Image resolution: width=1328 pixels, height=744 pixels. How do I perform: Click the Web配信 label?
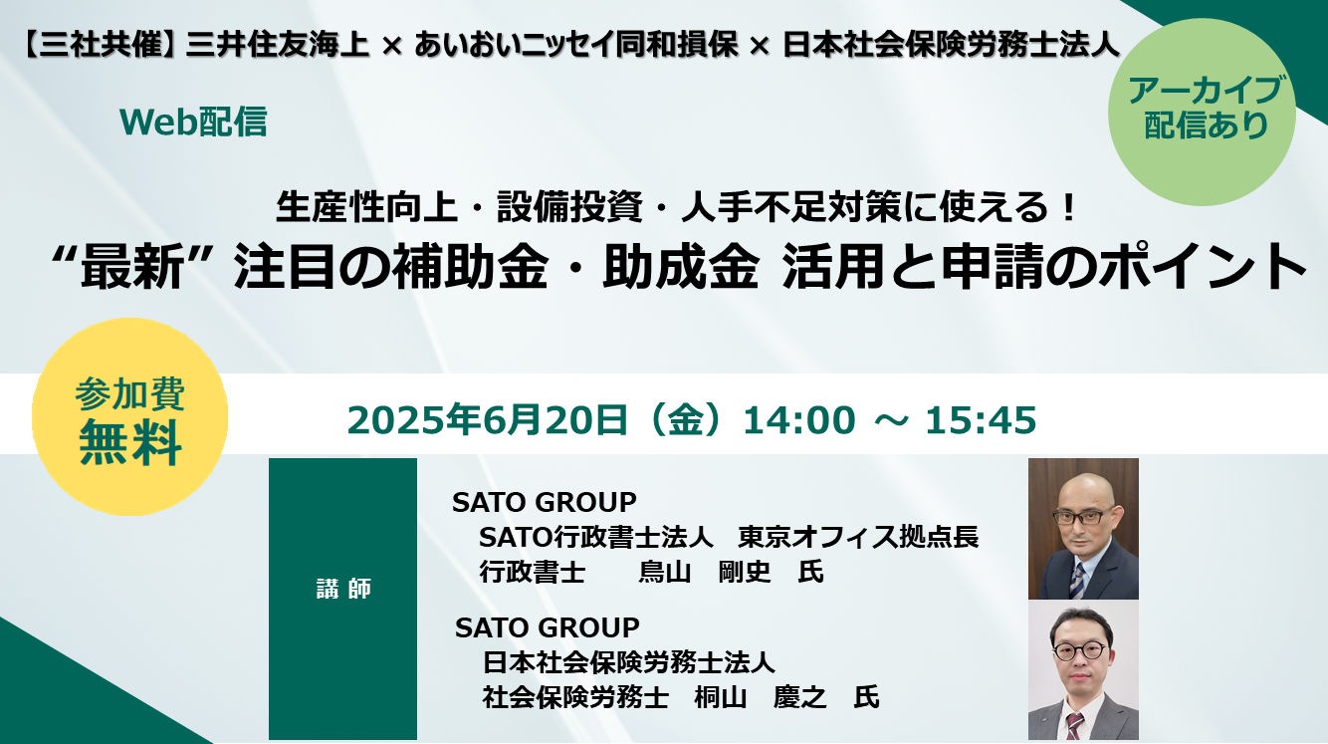click(193, 123)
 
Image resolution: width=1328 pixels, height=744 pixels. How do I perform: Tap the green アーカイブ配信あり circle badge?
click(1202, 113)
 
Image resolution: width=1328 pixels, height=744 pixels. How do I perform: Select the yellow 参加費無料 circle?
click(129, 417)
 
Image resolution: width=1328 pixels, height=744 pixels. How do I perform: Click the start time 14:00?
click(799, 420)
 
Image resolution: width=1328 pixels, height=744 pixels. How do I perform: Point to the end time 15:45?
click(981, 420)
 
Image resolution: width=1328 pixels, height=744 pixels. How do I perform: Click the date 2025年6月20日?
click(487, 420)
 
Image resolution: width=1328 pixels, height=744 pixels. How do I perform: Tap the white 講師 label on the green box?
click(343, 589)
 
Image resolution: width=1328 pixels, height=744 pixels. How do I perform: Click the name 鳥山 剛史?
click(704, 572)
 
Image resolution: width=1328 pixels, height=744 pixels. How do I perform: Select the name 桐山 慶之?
click(761, 697)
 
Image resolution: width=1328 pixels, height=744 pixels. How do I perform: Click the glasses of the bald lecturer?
click(1082, 516)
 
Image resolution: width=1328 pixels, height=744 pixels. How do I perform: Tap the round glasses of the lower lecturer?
click(1079, 650)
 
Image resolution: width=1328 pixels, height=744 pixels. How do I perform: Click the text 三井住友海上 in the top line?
click(277, 45)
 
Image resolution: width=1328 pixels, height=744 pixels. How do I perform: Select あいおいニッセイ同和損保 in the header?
click(576, 45)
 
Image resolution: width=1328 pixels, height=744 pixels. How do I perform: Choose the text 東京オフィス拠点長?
click(858, 537)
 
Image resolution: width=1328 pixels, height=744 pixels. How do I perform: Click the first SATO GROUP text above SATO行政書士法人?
click(545, 503)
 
